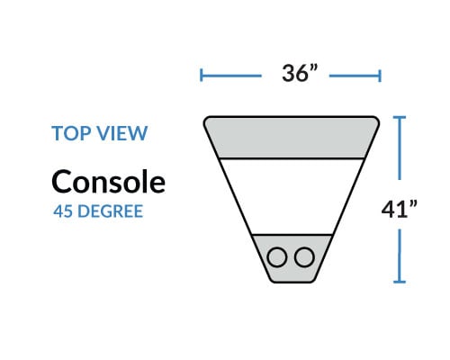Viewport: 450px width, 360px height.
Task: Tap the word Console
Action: coord(108,182)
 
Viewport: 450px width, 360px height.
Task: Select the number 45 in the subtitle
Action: coord(63,211)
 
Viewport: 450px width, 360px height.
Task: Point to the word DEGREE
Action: coord(110,211)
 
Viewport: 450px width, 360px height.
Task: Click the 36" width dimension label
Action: coord(300,73)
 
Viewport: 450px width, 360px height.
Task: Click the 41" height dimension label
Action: coord(399,209)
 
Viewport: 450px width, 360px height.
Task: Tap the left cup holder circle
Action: coord(277,257)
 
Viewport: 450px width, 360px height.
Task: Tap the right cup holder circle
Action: coord(304,257)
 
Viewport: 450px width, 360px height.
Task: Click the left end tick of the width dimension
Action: coord(201,76)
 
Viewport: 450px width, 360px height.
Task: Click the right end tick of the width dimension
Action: coord(380,76)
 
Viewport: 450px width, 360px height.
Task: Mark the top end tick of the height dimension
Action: coord(400,117)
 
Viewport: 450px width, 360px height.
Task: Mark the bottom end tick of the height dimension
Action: coord(400,282)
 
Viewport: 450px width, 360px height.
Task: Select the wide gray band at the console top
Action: coord(292,137)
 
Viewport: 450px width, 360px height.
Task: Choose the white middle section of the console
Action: coord(292,196)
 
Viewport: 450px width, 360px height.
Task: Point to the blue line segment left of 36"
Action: coord(231,76)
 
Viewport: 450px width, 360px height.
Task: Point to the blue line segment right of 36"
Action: coord(355,76)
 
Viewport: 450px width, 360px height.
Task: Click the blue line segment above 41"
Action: coord(400,148)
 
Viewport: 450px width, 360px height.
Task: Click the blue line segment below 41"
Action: coord(400,256)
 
